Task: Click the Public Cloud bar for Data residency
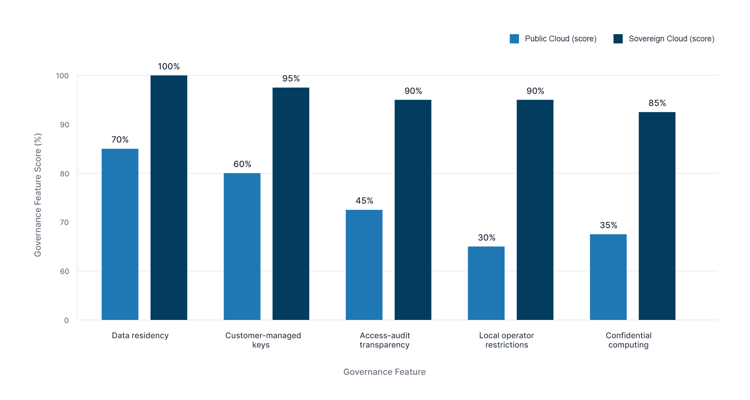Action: pyautogui.click(x=120, y=234)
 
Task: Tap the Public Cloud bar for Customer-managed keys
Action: pyautogui.click(x=242, y=246)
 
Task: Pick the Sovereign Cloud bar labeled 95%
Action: pyautogui.click(x=291, y=204)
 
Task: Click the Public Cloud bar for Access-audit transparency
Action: pyautogui.click(x=364, y=265)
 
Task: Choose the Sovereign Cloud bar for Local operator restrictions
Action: pyautogui.click(x=535, y=210)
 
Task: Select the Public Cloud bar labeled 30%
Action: pyautogui.click(x=486, y=283)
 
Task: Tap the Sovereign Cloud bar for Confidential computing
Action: pyautogui.click(x=657, y=216)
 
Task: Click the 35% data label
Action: pyautogui.click(x=608, y=225)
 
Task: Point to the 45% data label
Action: pyautogui.click(x=364, y=201)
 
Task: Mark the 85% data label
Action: pyautogui.click(x=657, y=103)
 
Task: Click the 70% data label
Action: pyautogui.click(x=120, y=140)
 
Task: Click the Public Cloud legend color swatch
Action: pyautogui.click(x=514, y=39)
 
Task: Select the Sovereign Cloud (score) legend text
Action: pyautogui.click(x=671, y=39)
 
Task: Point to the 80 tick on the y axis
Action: pyautogui.click(x=64, y=174)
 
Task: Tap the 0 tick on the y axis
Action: pyautogui.click(x=66, y=320)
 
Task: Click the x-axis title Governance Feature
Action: pyautogui.click(x=384, y=372)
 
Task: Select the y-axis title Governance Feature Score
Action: pyautogui.click(x=38, y=195)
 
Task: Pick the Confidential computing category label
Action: pyautogui.click(x=628, y=340)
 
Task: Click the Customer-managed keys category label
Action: pyautogui.click(x=263, y=340)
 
